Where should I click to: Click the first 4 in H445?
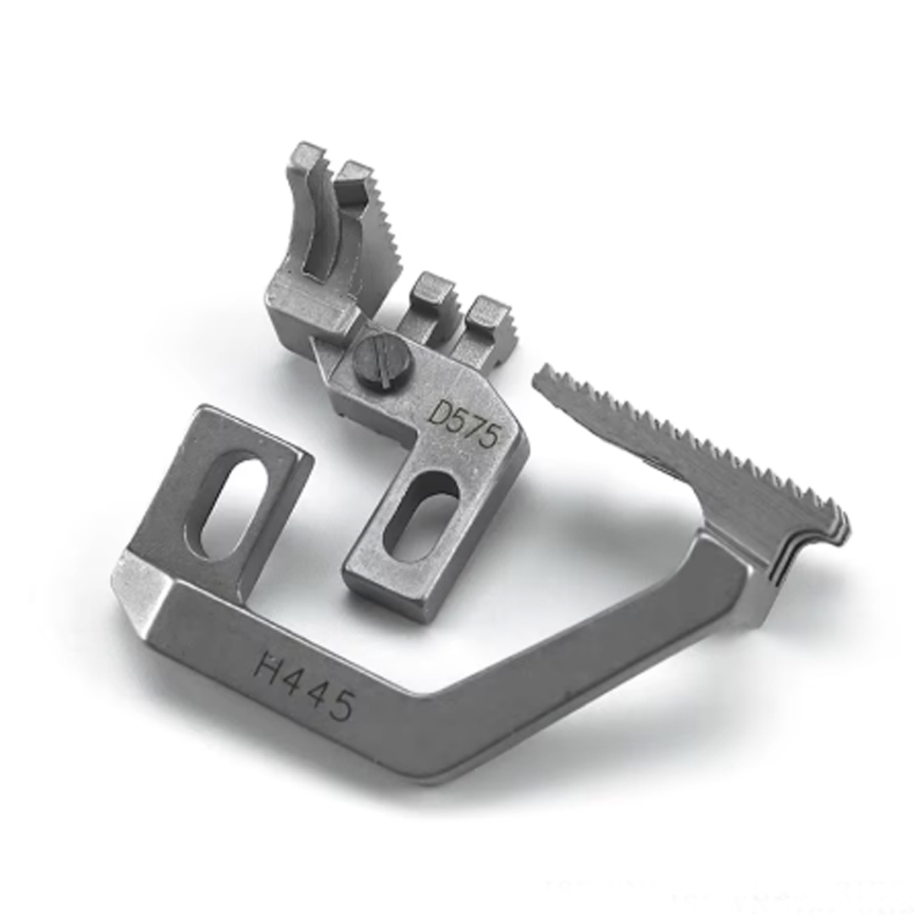pyautogui.click(x=291, y=677)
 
